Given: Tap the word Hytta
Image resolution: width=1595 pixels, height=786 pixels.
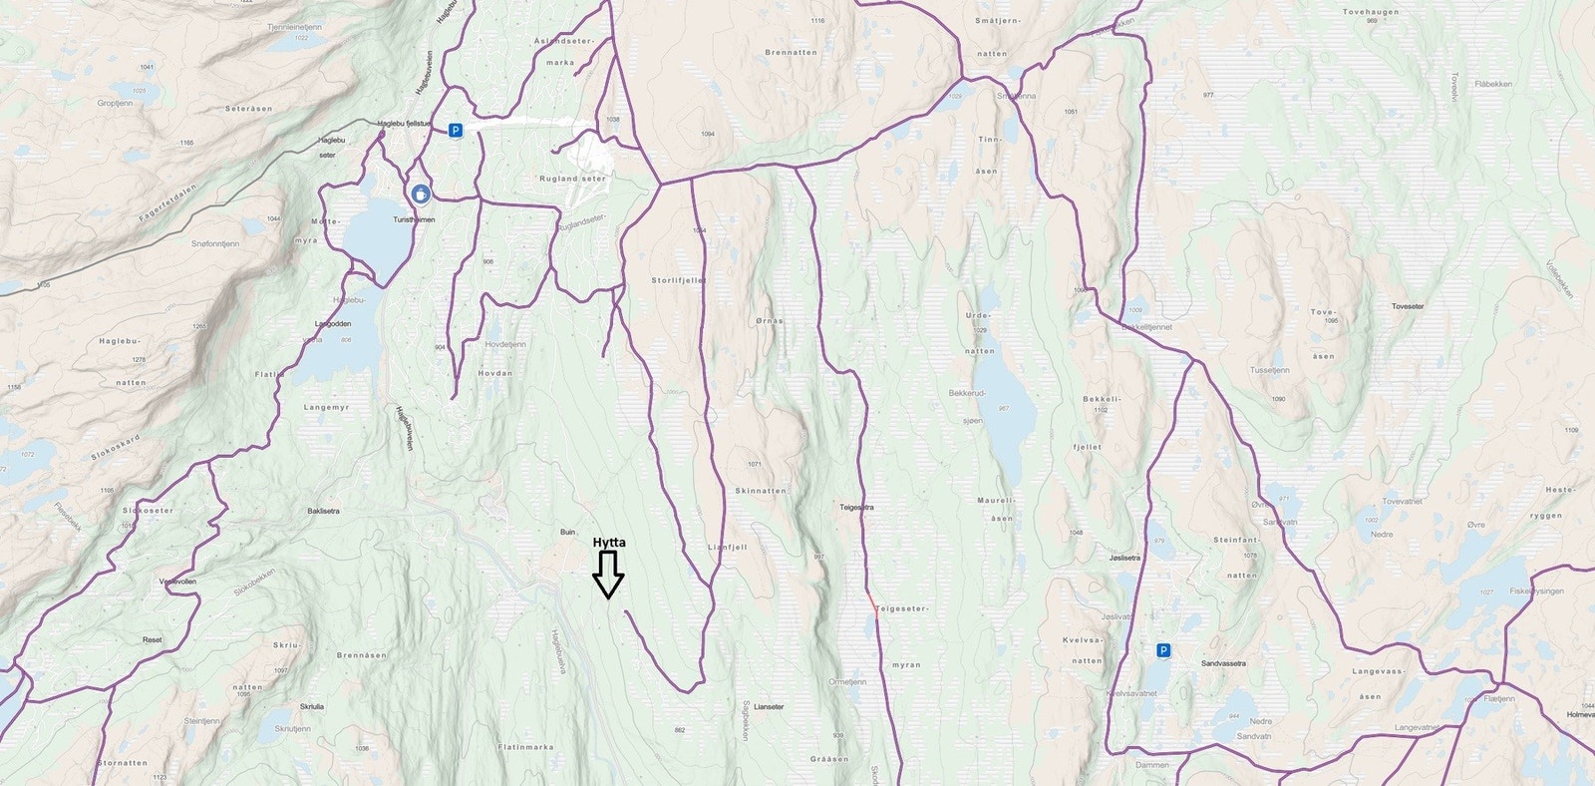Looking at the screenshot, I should tap(609, 543).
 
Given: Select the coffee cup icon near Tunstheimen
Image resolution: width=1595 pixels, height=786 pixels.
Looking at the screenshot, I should tap(421, 194).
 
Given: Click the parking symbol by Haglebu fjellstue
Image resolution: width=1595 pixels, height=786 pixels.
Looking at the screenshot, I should tap(455, 130).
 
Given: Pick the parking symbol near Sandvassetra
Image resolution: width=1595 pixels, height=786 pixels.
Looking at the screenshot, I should tap(1162, 650).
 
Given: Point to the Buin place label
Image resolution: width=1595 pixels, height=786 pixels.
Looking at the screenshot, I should tap(567, 532).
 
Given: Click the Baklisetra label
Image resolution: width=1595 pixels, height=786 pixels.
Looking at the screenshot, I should tap(323, 511).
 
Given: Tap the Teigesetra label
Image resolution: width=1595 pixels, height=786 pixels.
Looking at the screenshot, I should tap(855, 507).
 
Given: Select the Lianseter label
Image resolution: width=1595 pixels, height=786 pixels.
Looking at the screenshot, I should tap(769, 706).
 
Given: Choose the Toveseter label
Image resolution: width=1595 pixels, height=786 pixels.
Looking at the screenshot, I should tap(1408, 306).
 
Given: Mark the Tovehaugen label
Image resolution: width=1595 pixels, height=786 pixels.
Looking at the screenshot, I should tap(1371, 12).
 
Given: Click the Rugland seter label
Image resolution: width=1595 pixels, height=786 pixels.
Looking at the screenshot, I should tap(571, 179).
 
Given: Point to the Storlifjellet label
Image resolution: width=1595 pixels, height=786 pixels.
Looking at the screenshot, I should tap(678, 281).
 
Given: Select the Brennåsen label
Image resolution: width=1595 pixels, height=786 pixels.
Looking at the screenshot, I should tap(361, 655).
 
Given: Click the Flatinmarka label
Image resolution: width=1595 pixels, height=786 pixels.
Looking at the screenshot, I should tap(525, 746).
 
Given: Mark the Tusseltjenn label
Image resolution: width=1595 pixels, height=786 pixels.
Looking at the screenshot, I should tap(1269, 370).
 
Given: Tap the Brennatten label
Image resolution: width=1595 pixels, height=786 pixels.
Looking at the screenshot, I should tap(791, 53).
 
